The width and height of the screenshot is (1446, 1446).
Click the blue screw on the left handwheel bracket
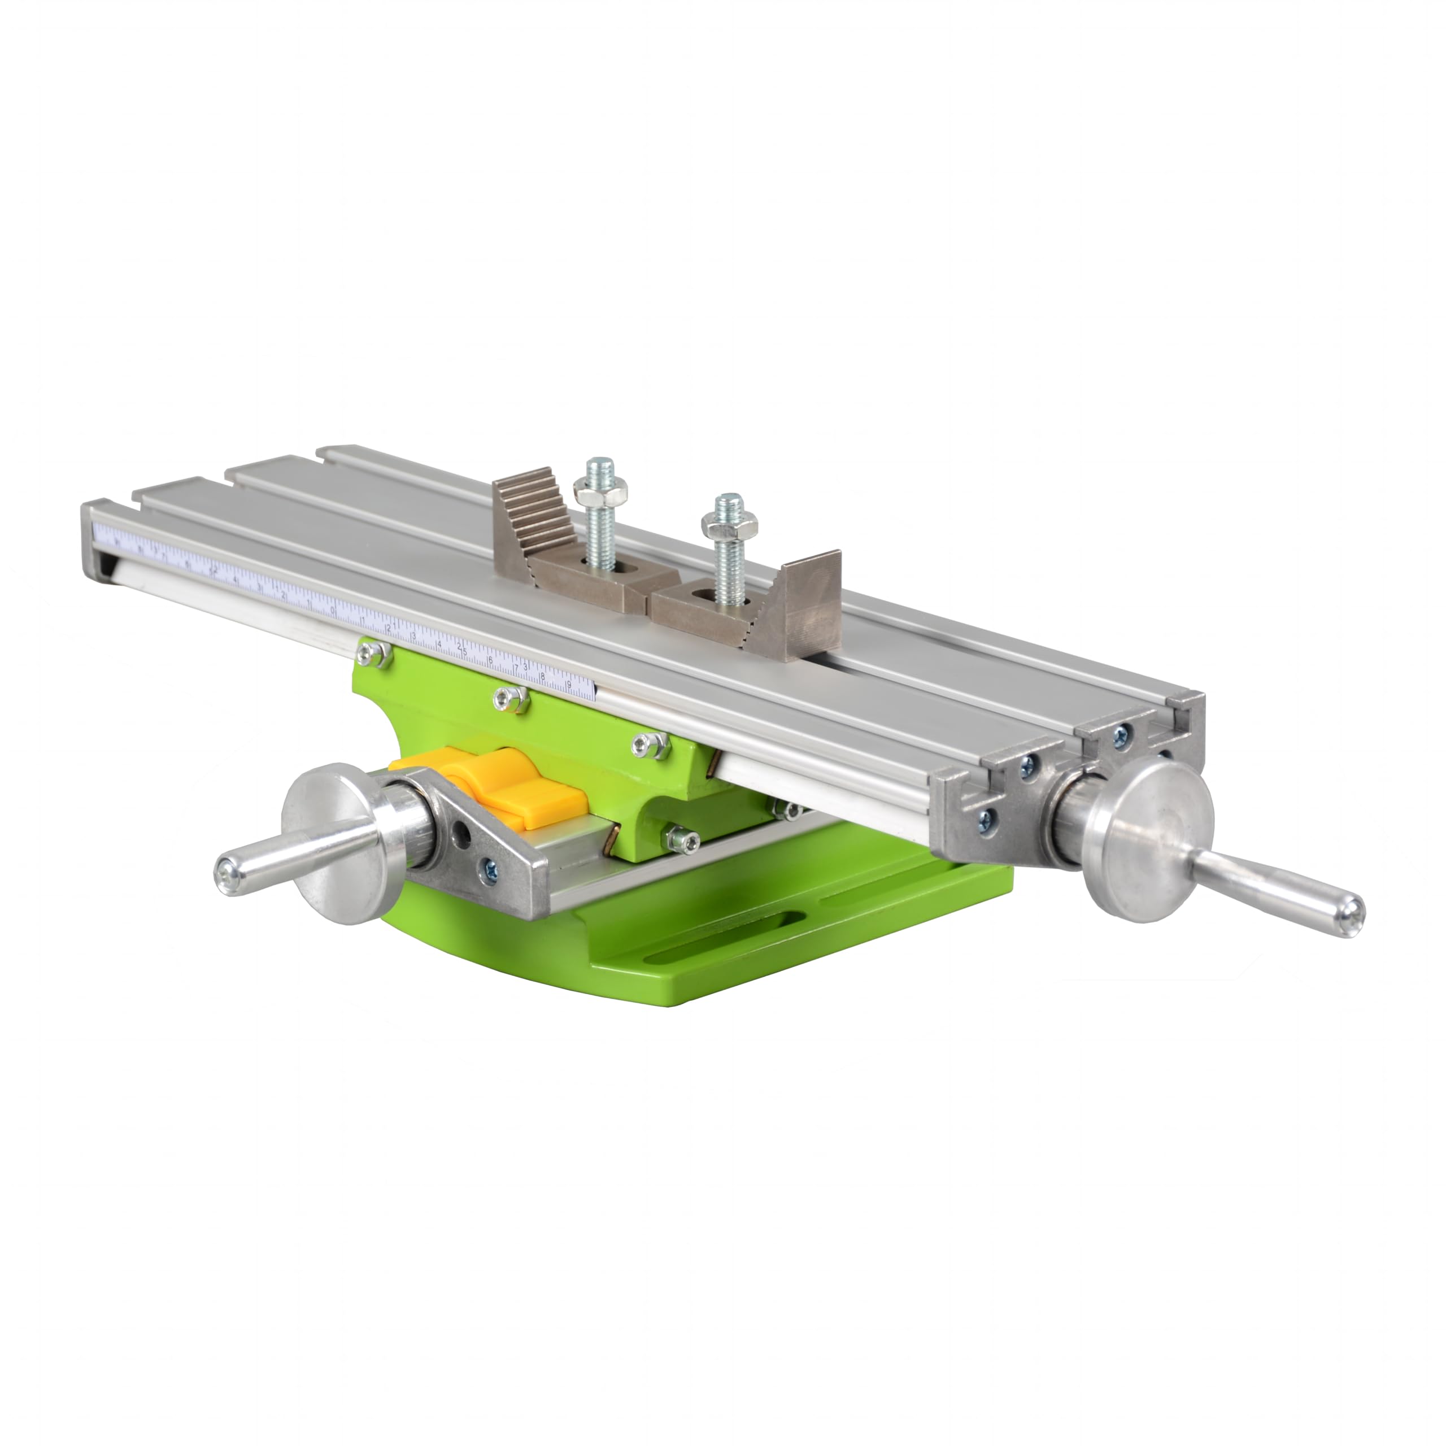tap(490, 868)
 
